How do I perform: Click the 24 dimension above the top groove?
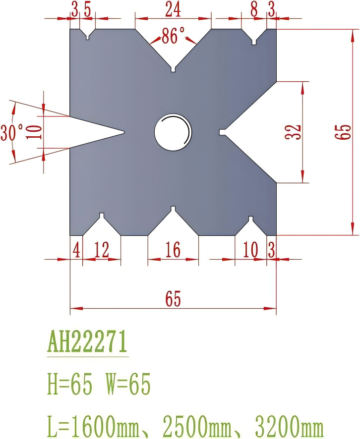[173, 9]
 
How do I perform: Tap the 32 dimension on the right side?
[294, 132]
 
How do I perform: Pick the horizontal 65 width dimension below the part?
[173, 299]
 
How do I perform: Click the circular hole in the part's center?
[173, 132]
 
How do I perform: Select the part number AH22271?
[87, 342]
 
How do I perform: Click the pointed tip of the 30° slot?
[123, 132]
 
